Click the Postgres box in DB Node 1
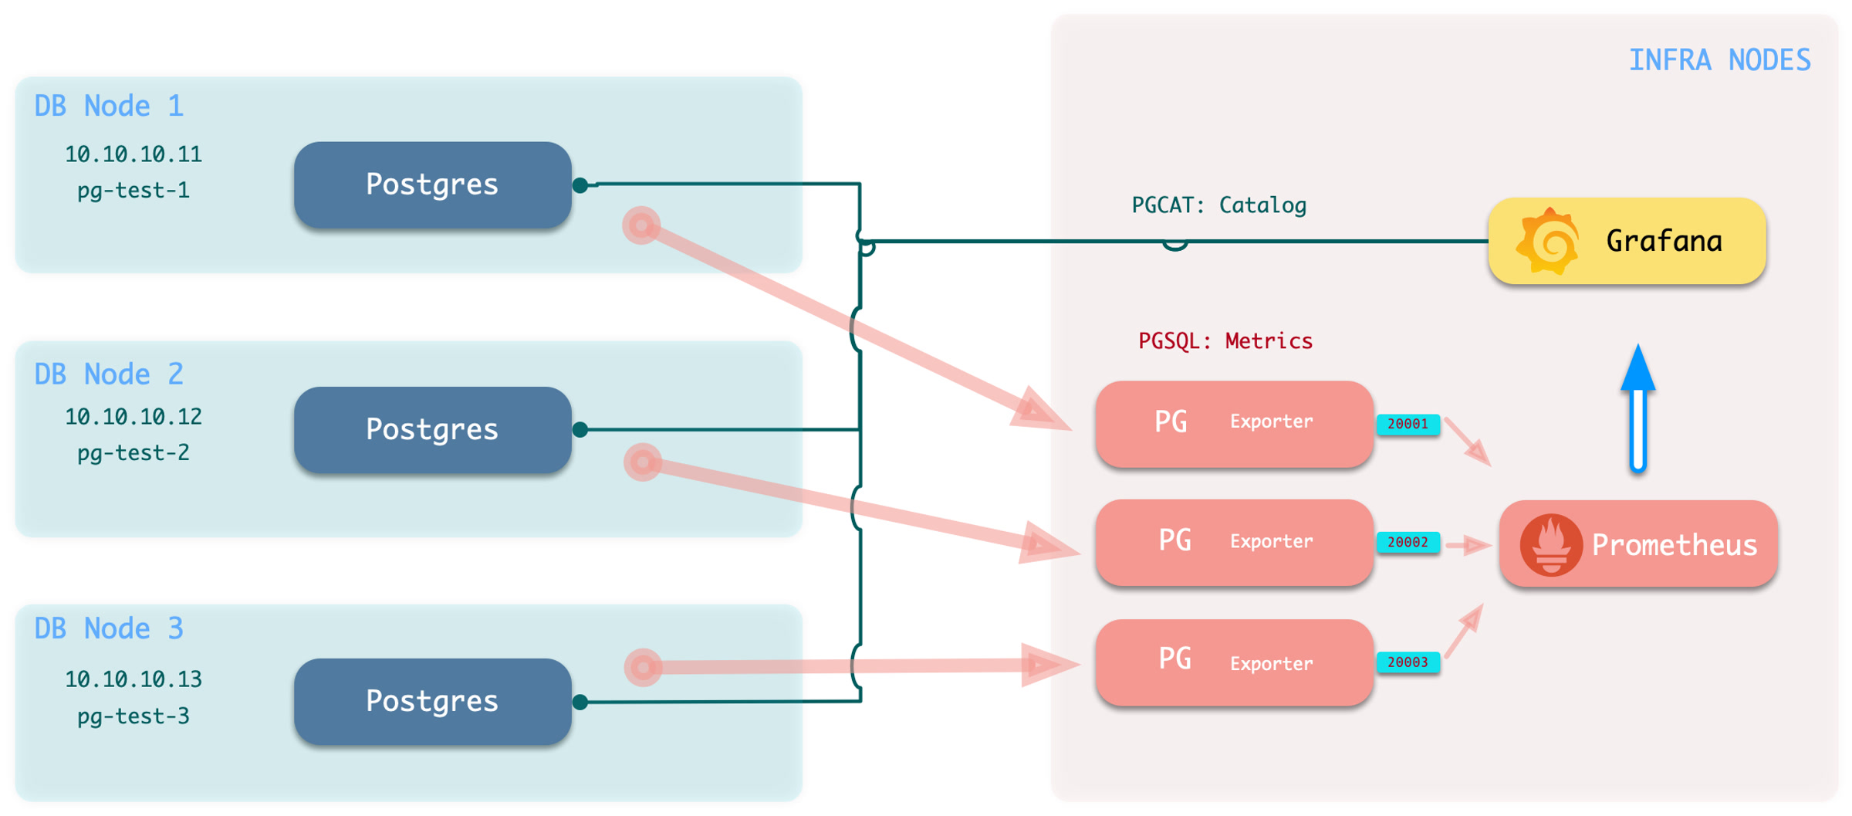(x=432, y=185)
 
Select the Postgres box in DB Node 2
(x=432, y=429)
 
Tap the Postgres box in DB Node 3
(x=432, y=701)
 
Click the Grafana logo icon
(x=1548, y=241)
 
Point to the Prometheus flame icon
(x=1550, y=545)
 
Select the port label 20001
(x=1408, y=424)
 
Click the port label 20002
(x=1408, y=542)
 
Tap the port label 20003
(x=1408, y=662)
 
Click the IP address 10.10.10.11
(x=133, y=154)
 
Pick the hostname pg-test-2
(x=133, y=452)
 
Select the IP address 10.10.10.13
(x=133, y=679)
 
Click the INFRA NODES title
(x=1719, y=60)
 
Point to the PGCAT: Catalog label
(x=1218, y=205)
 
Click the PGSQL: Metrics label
(x=1225, y=341)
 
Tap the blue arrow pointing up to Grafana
(x=1637, y=409)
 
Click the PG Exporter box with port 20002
(x=1234, y=542)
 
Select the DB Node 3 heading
(x=109, y=628)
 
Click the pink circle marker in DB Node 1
(x=641, y=225)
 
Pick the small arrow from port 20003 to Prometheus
(x=1464, y=631)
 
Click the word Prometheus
(x=1674, y=545)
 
